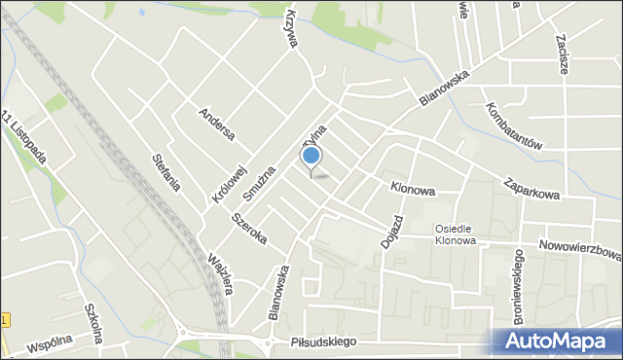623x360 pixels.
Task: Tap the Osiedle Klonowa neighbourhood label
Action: point(455,234)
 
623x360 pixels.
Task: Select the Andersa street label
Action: point(216,124)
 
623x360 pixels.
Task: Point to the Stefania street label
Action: point(167,170)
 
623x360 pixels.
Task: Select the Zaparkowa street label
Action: point(531,187)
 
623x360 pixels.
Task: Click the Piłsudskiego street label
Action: point(323,342)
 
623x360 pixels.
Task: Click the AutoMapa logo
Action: point(560,341)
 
